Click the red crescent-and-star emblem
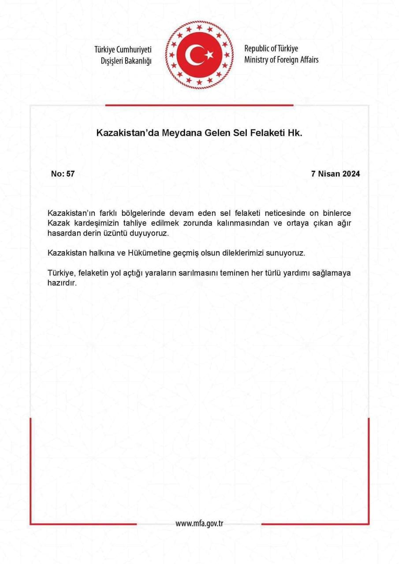tap(199, 55)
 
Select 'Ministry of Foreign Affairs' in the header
tap(281, 60)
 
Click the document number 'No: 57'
tap(63, 174)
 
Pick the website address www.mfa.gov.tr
tap(199, 523)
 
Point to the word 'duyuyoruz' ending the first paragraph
tap(151, 234)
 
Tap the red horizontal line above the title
tap(199, 105)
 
